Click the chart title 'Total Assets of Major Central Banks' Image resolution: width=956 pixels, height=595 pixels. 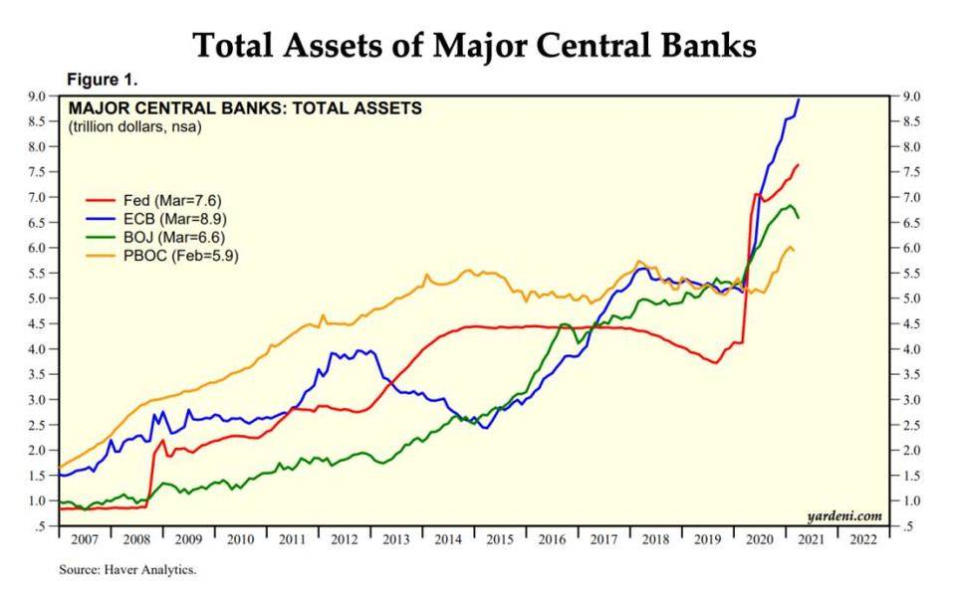(474, 45)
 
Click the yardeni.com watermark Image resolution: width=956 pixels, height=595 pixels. (845, 514)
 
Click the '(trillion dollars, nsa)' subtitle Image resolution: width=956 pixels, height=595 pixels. (134, 125)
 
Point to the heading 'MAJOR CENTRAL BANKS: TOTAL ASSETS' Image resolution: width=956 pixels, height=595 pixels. (244, 107)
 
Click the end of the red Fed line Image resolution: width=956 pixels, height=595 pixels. (799, 164)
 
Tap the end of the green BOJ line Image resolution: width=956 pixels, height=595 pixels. (798, 217)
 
